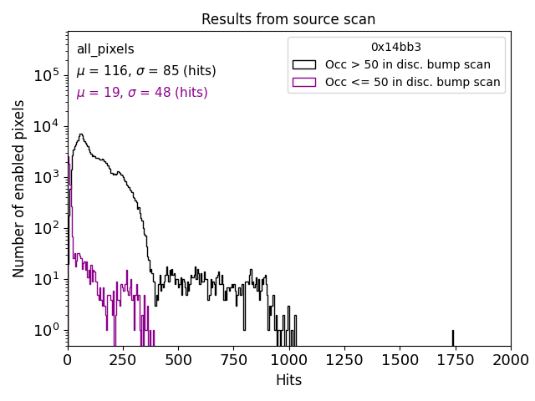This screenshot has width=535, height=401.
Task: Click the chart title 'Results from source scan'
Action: [288, 19]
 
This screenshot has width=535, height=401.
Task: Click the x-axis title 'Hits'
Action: [288, 380]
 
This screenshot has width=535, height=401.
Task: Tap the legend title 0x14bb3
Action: [396, 48]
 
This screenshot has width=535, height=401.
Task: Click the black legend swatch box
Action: [304, 64]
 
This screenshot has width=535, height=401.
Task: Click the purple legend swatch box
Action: [304, 82]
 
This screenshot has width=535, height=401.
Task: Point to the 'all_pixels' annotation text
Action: [105, 50]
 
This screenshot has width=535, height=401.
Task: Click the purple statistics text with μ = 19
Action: [141, 93]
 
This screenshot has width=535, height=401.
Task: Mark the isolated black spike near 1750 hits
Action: [453, 337]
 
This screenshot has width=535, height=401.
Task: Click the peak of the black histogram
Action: [80, 135]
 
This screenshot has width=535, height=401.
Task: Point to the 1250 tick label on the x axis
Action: [344, 360]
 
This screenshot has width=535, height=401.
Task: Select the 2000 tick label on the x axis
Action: [510, 360]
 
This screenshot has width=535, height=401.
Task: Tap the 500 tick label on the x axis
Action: [178, 360]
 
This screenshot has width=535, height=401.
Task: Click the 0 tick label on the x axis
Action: [68, 360]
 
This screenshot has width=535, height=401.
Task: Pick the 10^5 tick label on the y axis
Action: [46, 75]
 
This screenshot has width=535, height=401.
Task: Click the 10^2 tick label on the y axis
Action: [46, 228]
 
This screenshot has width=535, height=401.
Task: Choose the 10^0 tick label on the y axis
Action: [46, 330]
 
